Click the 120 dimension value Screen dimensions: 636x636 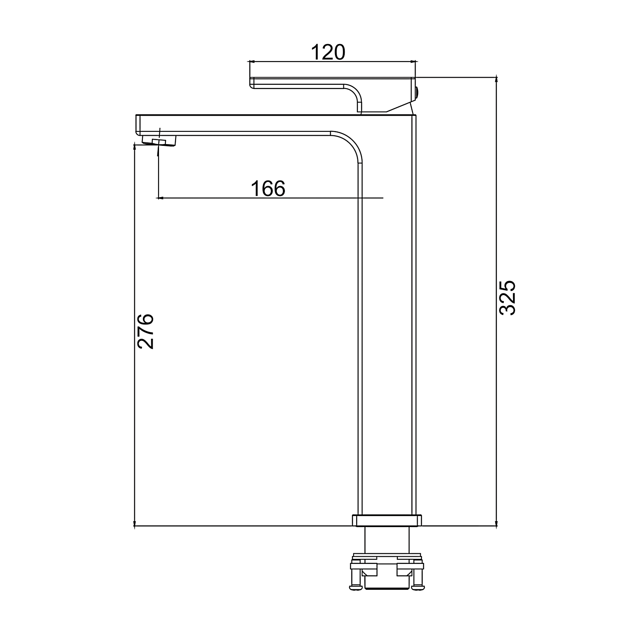(328, 52)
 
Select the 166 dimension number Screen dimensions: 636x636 (268, 189)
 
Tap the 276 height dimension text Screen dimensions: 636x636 (145, 331)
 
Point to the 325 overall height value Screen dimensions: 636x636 (507, 297)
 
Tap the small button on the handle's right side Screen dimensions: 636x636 (418, 92)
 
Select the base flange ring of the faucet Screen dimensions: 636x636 (387, 520)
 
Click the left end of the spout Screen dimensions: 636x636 (137, 125)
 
